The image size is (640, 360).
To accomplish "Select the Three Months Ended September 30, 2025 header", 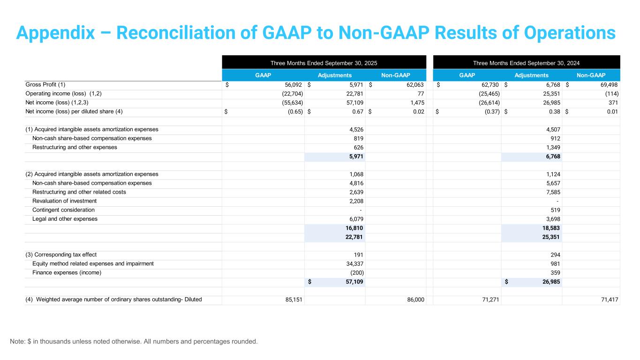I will click(x=324, y=63).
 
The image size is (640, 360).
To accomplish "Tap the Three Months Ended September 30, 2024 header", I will click(x=527, y=63).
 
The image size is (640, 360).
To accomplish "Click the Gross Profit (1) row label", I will click(x=45, y=85).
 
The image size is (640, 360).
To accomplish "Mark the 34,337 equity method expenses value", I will click(x=354, y=263).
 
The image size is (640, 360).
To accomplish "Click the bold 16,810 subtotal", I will click(x=354, y=228).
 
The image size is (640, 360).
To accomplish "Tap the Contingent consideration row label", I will click(x=63, y=210).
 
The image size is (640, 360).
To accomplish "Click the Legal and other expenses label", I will click(x=65, y=219).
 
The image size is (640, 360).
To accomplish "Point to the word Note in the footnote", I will click(x=17, y=341).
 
